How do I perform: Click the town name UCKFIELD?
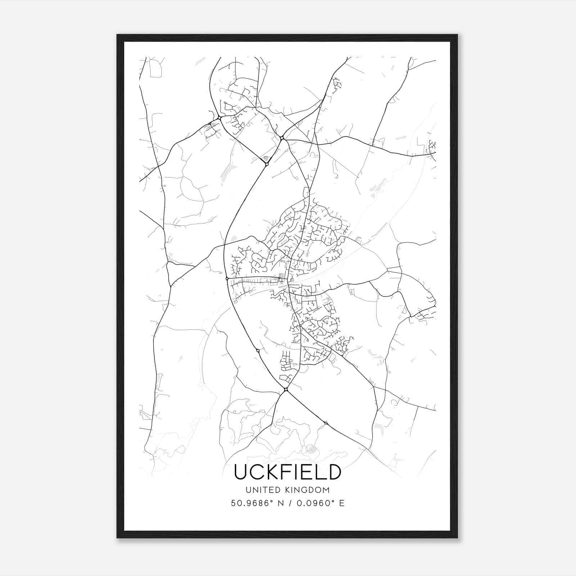coord(288,472)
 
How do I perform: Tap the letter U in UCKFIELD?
coord(242,472)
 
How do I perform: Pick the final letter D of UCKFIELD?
coord(333,472)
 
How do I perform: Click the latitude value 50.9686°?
coord(251,503)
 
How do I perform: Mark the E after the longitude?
coord(342,503)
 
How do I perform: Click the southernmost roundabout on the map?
coord(326,423)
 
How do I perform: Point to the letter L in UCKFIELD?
coord(320,472)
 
